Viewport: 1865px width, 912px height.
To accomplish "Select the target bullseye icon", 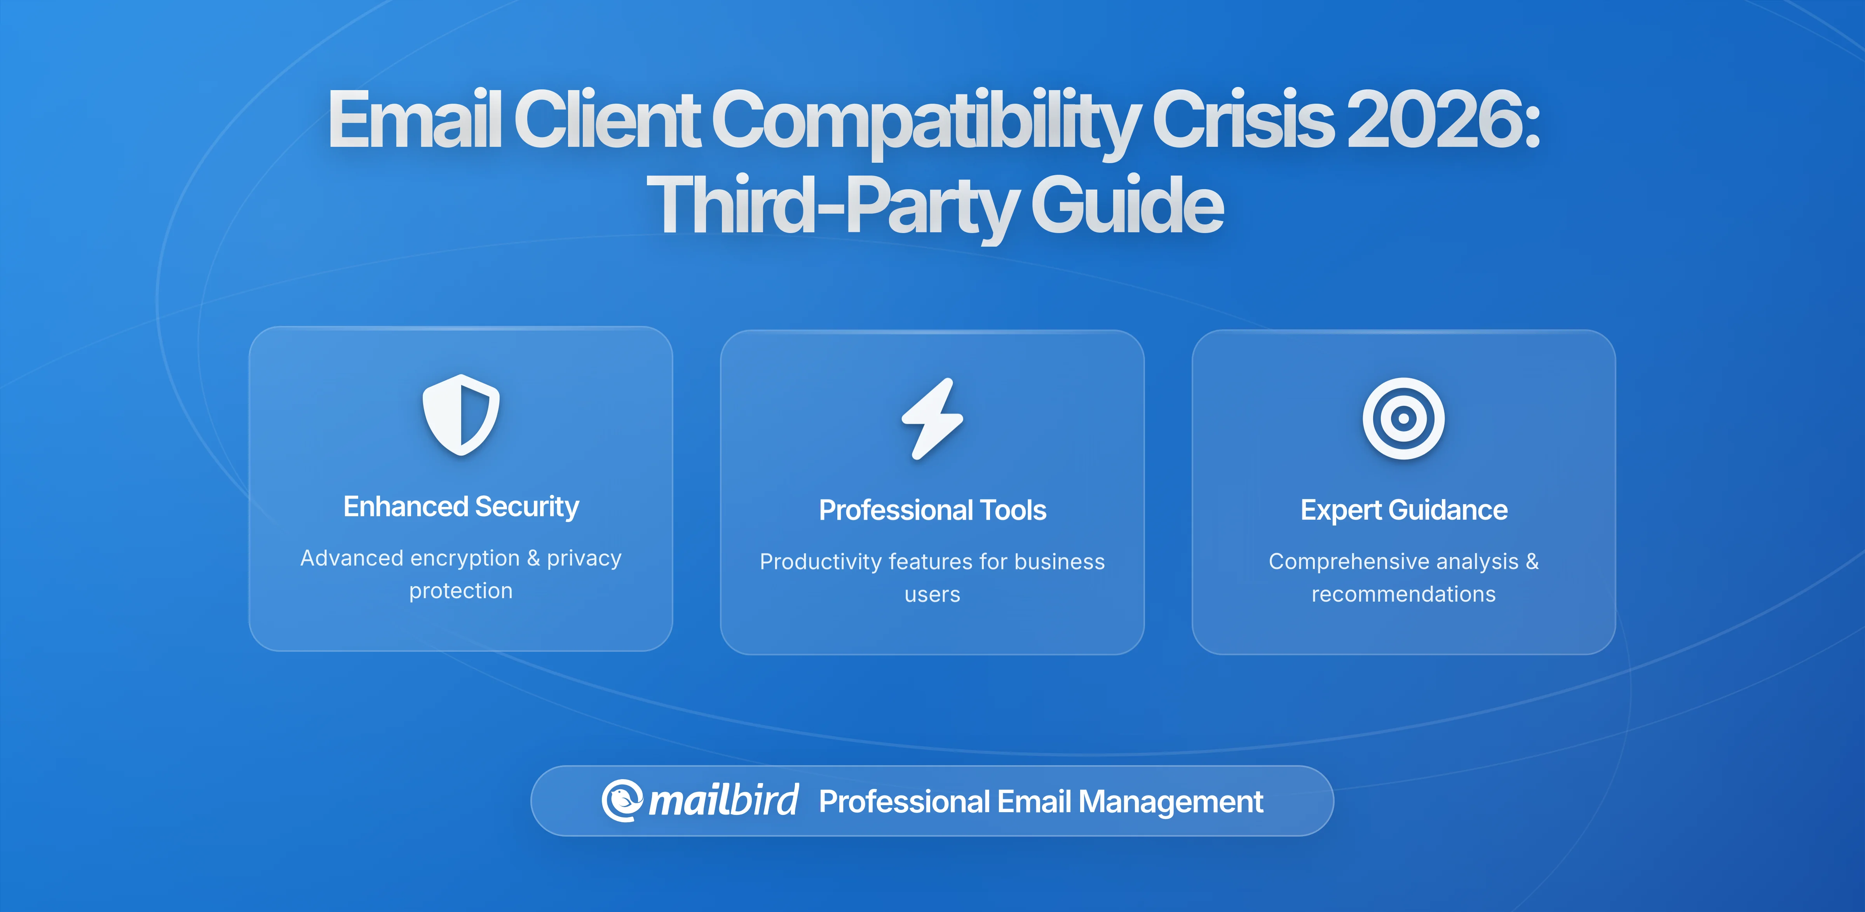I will (x=1403, y=418).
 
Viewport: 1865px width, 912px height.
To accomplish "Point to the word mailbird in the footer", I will (x=723, y=801).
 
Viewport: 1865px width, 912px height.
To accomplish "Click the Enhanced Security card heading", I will (x=461, y=506).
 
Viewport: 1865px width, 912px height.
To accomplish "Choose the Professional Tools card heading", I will (x=932, y=510).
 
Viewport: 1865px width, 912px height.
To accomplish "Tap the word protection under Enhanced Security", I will (x=461, y=591).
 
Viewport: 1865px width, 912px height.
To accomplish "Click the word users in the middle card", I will (x=932, y=594).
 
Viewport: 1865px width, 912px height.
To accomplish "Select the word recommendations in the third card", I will (x=1403, y=594).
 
